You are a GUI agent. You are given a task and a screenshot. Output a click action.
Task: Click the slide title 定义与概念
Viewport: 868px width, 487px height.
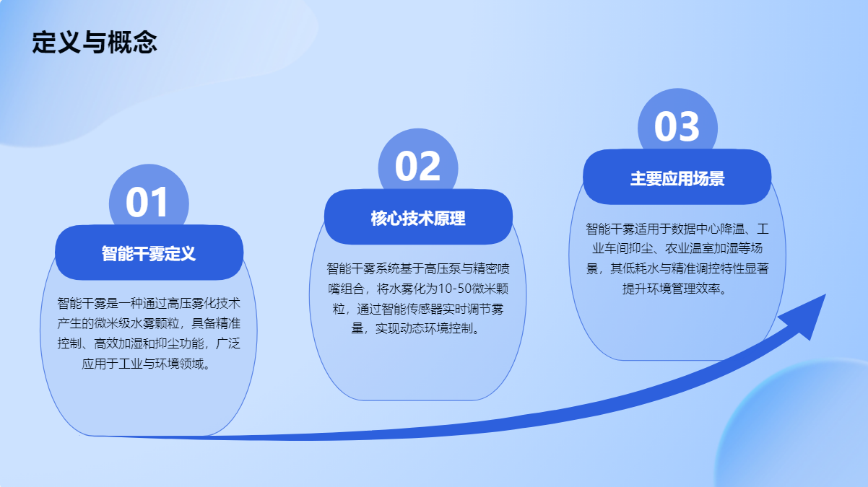[x=94, y=42]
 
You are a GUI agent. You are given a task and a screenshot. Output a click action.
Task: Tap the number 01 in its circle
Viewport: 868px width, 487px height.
[x=147, y=202]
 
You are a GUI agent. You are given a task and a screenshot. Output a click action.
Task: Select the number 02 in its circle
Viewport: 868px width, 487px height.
[x=417, y=167]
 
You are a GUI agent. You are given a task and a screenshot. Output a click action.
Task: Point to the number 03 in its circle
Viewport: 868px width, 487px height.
[x=677, y=126]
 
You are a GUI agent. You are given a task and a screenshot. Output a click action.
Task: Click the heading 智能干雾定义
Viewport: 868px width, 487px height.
[x=149, y=254]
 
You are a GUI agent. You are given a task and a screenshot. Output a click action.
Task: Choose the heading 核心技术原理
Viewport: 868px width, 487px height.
[x=418, y=219]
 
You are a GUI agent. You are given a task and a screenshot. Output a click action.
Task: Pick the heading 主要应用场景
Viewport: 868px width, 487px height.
[x=677, y=179]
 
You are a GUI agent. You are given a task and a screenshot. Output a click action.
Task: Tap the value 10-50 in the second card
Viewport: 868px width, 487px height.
[x=454, y=289]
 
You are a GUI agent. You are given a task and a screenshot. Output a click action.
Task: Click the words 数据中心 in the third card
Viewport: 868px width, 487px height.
[x=695, y=229]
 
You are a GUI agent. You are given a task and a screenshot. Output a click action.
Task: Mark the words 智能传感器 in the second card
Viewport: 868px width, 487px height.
[x=412, y=309]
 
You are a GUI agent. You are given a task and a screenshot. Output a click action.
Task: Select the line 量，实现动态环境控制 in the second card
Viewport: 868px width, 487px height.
[x=412, y=329]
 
